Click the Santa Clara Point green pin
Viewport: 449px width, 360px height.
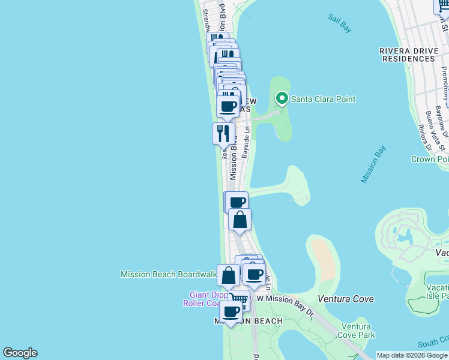tap(281, 98)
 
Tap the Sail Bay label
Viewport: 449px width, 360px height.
tap(340, 23)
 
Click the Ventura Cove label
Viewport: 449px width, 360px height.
tap(345, 299)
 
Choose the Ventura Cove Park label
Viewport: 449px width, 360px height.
tap(357, 331)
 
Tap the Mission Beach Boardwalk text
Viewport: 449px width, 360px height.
tap(169, 274)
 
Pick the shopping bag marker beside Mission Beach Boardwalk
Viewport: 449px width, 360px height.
tap(229, 276)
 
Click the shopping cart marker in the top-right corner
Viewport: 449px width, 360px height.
tap(442, 6)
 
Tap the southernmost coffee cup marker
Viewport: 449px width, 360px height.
tap(231, 311)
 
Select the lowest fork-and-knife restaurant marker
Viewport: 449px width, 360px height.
tap(223, 133)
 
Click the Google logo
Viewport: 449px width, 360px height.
tap(20, 353)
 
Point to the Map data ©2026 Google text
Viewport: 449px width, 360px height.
tap(411, 355)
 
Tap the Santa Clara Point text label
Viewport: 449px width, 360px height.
tap(323, 99)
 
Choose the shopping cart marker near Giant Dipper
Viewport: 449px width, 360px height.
tap(239, 298)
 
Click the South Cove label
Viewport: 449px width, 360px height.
tap(433, 344)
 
